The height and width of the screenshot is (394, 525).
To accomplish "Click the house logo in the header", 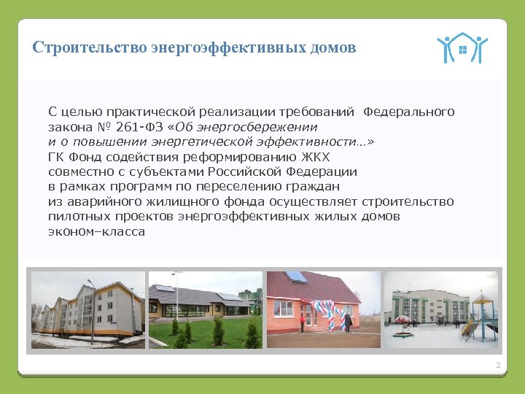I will [462, 48].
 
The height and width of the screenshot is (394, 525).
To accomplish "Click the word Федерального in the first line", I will [408, 112].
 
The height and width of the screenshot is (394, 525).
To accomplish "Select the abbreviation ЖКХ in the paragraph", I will [315, 157].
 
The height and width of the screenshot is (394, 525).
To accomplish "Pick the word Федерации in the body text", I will [320, 171].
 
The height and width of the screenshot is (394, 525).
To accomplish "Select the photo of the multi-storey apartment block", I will [87, 309].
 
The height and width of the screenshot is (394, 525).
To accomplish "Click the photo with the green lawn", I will [205, 309].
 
